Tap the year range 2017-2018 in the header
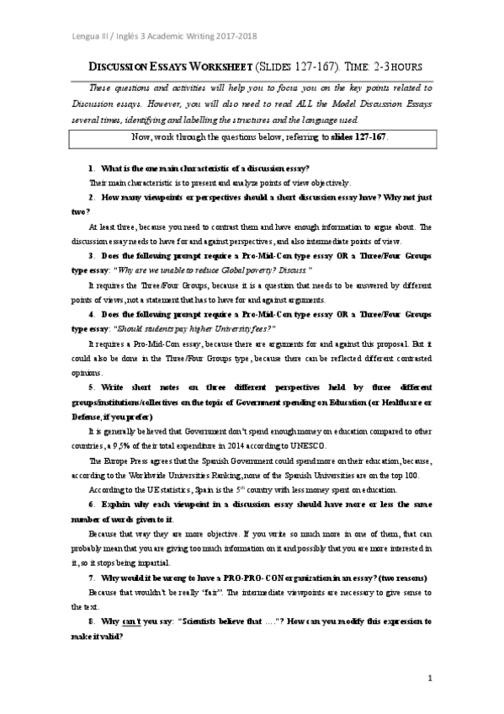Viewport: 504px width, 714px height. [231, 35]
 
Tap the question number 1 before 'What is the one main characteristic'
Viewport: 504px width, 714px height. [91, 169]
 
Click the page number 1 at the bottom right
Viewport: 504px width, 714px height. [429, 679]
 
